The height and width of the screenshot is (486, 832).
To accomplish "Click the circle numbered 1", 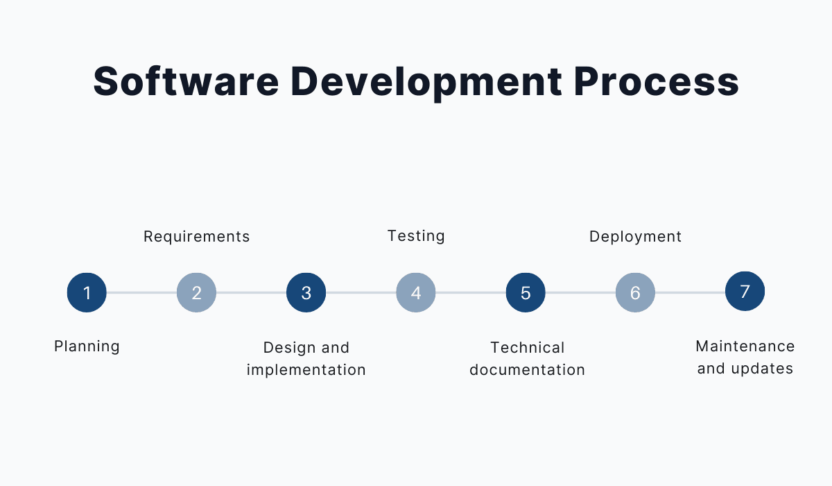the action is pos(87,292).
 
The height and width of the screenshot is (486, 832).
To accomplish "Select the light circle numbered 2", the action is pos(196,292).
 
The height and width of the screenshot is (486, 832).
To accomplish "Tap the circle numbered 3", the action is pos(306,292).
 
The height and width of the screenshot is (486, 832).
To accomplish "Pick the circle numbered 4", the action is pos(415,292).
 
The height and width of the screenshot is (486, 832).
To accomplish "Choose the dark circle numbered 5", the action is pos(526,292).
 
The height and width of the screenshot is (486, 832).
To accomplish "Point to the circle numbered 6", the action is pos(635,292).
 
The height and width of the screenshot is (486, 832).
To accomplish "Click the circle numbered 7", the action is pos(745,291).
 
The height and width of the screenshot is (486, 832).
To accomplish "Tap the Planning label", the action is pos(87,347).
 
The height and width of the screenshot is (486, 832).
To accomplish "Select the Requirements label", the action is pos(196,237).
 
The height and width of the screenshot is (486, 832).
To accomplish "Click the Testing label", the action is pos(416,236).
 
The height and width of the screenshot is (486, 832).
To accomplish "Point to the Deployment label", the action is pos(636,237).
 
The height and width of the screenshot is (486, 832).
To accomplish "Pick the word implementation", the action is pos(306,370).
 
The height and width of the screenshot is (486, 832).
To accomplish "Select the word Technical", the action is pos(528,348).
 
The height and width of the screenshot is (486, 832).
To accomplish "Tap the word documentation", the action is pos(528,370).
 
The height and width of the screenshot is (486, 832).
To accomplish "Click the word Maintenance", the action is pos(745,346).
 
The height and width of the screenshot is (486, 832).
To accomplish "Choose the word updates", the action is pos(762,369).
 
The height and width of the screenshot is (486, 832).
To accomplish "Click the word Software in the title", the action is pos(186,81).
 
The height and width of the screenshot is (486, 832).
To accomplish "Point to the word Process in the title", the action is pos(657,81).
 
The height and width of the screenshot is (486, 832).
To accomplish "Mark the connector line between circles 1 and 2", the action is pos(141,292).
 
